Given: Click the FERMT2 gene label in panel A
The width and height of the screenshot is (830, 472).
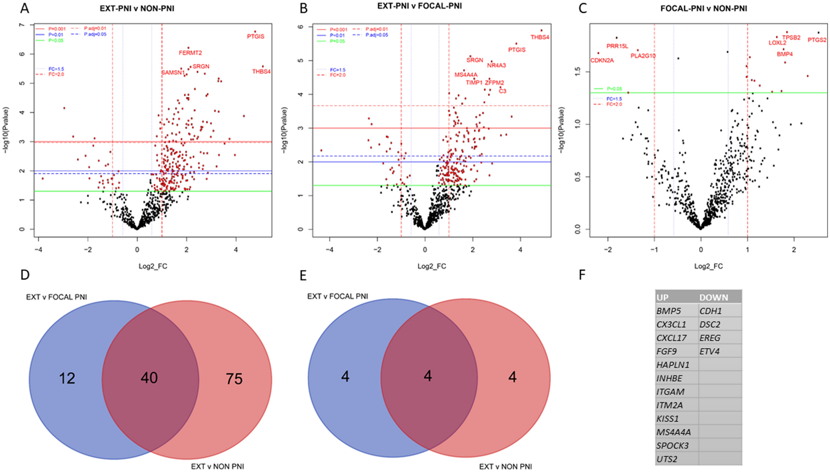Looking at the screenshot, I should point(190,53).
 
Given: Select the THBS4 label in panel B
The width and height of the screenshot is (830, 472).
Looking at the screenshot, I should point(540,37).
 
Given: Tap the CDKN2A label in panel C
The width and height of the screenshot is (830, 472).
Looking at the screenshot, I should point(602,60).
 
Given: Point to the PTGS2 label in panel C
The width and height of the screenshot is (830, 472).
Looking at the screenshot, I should point(817,40).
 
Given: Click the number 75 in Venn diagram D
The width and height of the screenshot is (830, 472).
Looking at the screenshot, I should point(234,379).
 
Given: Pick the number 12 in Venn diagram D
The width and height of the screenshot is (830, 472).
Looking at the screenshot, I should point(67,378).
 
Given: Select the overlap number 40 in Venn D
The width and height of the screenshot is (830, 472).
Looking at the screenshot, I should point(149,378).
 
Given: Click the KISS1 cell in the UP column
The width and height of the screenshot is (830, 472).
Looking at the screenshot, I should point(667,419).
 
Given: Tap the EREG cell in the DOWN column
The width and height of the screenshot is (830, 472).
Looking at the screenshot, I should point(710,338).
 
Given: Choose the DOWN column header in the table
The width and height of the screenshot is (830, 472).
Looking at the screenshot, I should point(714,297).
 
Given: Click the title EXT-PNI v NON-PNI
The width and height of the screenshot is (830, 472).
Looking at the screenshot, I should point(137,8).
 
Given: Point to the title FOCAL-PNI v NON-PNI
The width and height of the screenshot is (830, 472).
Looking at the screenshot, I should point(703,8).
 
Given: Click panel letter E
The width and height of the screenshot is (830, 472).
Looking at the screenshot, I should point(303,276).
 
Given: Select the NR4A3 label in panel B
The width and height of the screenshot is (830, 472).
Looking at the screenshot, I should point(496,65).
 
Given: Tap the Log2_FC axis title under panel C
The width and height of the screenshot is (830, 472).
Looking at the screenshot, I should point(708,266).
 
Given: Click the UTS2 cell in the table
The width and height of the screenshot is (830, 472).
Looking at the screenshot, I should point(667,459).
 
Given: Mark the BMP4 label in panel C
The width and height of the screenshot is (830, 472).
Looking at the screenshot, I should point(784,54).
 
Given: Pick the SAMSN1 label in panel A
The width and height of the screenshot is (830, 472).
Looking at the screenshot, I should point(173,73).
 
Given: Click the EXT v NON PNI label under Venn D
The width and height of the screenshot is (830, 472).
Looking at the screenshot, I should point(217,467).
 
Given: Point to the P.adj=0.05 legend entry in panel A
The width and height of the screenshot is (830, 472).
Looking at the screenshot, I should point(95,34).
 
